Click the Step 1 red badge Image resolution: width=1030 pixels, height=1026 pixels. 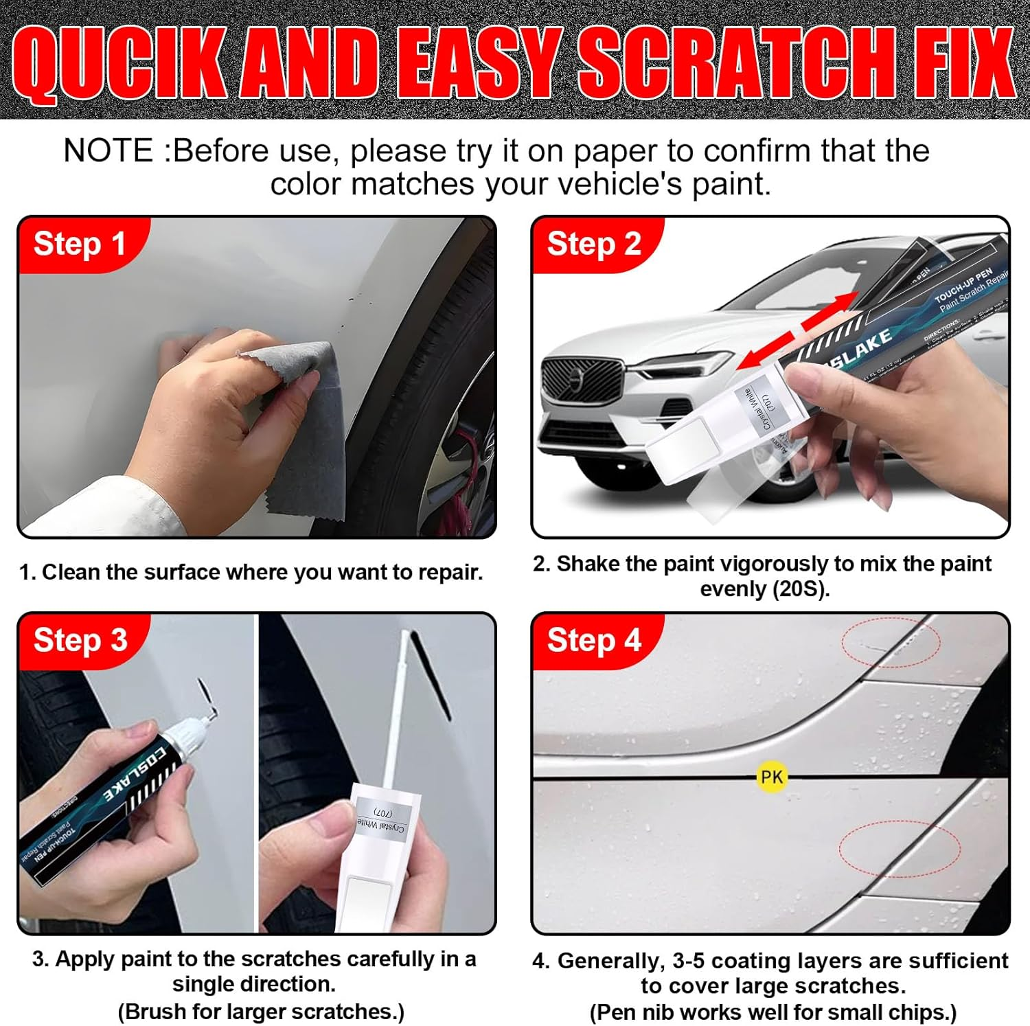pyautogui.click(x=80, y=244)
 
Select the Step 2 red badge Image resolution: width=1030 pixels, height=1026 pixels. pyautogui.click(x=594, y=244)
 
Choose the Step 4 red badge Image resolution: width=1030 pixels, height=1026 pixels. pyautogui.click(x=594, y=640)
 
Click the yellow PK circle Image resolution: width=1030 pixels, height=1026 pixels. pyautogui.click(x=771, y=777)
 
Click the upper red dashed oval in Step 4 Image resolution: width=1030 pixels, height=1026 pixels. pyautogui.click(x=891, y=641)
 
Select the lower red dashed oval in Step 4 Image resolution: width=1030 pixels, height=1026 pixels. pyautogui.click(x=899, y=848)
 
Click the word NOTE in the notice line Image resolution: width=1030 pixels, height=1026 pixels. pyautogui.click(x=108, y=151)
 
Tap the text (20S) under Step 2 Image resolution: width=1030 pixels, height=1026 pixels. pyautogui.click(x=799, y=589)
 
